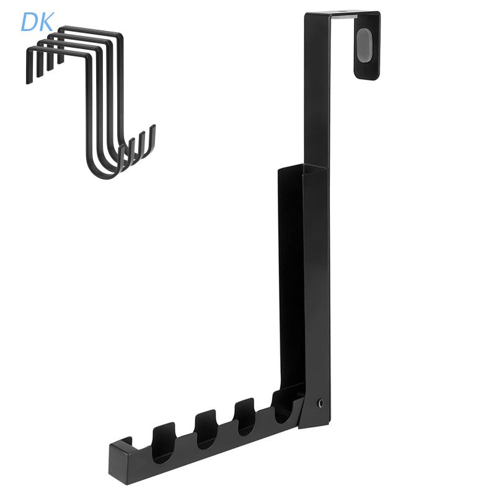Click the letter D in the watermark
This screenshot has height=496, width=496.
tap(28, 22)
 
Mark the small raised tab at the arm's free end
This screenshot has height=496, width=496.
tap(126, 441)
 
